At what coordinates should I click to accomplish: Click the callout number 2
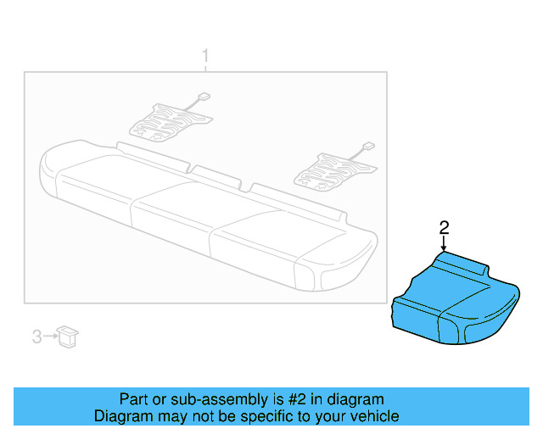443,226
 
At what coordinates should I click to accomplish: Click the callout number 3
36,337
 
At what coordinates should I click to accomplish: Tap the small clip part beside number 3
67,336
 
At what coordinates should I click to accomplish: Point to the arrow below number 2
443,242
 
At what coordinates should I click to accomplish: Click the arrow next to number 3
48,337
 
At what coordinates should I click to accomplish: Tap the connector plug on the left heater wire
202,95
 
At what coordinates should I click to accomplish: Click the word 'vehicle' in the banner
374,416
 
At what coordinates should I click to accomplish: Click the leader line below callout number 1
204,68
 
